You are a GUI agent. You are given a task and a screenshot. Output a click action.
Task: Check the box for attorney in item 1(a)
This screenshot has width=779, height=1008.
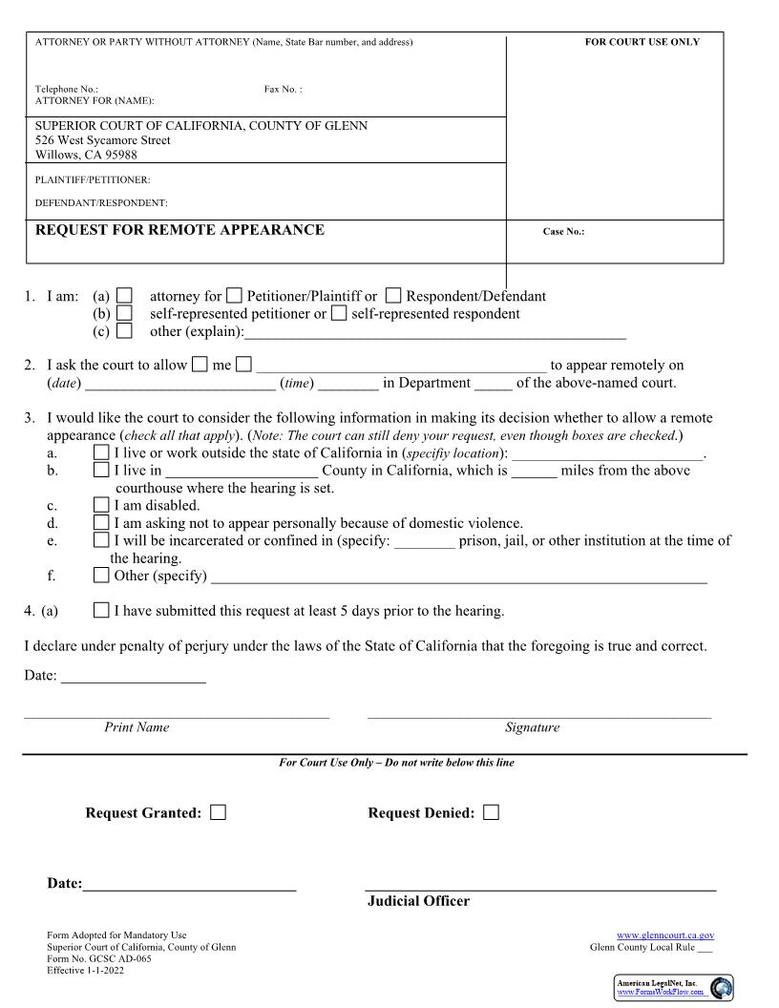tap(124, 297)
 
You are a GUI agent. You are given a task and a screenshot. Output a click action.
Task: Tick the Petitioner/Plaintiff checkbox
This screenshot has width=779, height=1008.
tap(235, 297)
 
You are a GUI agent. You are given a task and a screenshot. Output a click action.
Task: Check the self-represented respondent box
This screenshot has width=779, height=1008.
tap(339, 314)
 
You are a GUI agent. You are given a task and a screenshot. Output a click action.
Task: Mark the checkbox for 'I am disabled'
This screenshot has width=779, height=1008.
tap(101, 506)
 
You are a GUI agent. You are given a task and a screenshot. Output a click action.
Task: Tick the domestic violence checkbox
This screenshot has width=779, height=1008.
tap(101, 523)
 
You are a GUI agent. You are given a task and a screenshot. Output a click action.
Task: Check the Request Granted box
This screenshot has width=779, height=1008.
tap(219, 813)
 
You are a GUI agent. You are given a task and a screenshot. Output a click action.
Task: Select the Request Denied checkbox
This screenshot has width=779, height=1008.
tap(491, 813)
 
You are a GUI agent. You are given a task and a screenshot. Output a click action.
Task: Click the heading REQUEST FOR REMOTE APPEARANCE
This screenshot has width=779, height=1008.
tap(179, 230)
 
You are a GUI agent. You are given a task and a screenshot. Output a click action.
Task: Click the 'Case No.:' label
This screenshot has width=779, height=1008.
tap(563, 232)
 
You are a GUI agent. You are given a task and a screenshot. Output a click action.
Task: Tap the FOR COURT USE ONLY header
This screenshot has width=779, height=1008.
tap(642, 42)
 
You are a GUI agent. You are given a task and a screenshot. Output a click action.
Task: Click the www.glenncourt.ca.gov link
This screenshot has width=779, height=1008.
tap(665, 935)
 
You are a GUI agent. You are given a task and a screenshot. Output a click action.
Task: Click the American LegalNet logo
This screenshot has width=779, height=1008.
tap(674, 987)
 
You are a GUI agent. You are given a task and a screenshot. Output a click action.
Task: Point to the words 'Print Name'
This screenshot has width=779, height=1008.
tap(137, 727)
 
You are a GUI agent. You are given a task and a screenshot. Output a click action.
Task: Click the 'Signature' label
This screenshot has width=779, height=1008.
tap(532, 727)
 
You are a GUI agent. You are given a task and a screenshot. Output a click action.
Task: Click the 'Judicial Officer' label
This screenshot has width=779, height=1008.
tap(418, 901)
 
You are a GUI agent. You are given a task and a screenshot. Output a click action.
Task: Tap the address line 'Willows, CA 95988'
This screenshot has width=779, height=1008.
tap(86, 155)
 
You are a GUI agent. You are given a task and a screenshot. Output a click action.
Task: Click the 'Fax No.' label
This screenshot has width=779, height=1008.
tap(283, 90)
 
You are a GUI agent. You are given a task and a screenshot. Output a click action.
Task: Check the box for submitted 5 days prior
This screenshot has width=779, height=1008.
tap(101, 611)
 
